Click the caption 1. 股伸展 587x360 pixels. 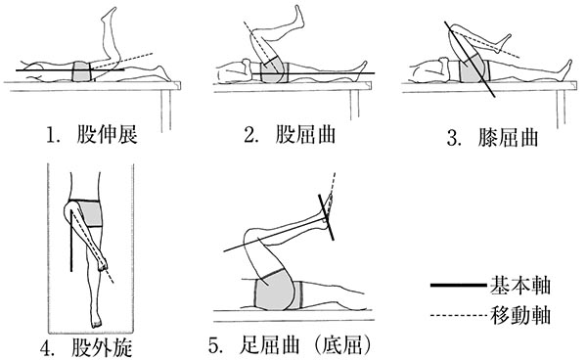(x=92, y=134)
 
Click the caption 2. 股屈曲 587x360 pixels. (x=290, y=134)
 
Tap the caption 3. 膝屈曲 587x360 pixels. (x=493, y=137)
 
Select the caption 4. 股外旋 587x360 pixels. (x=86, y=348)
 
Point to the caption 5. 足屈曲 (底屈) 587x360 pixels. (x=291, y=345)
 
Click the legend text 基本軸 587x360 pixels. (x=520, y=285)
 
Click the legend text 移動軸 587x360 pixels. (x=520, y=315)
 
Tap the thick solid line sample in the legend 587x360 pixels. (x=460, y=286)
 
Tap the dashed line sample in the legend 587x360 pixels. (x=460, y=316)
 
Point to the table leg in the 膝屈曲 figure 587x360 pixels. (x=561, y=109)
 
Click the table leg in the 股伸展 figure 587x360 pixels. (x=166, y=111)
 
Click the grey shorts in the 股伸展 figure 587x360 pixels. (x=82, y=71)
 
